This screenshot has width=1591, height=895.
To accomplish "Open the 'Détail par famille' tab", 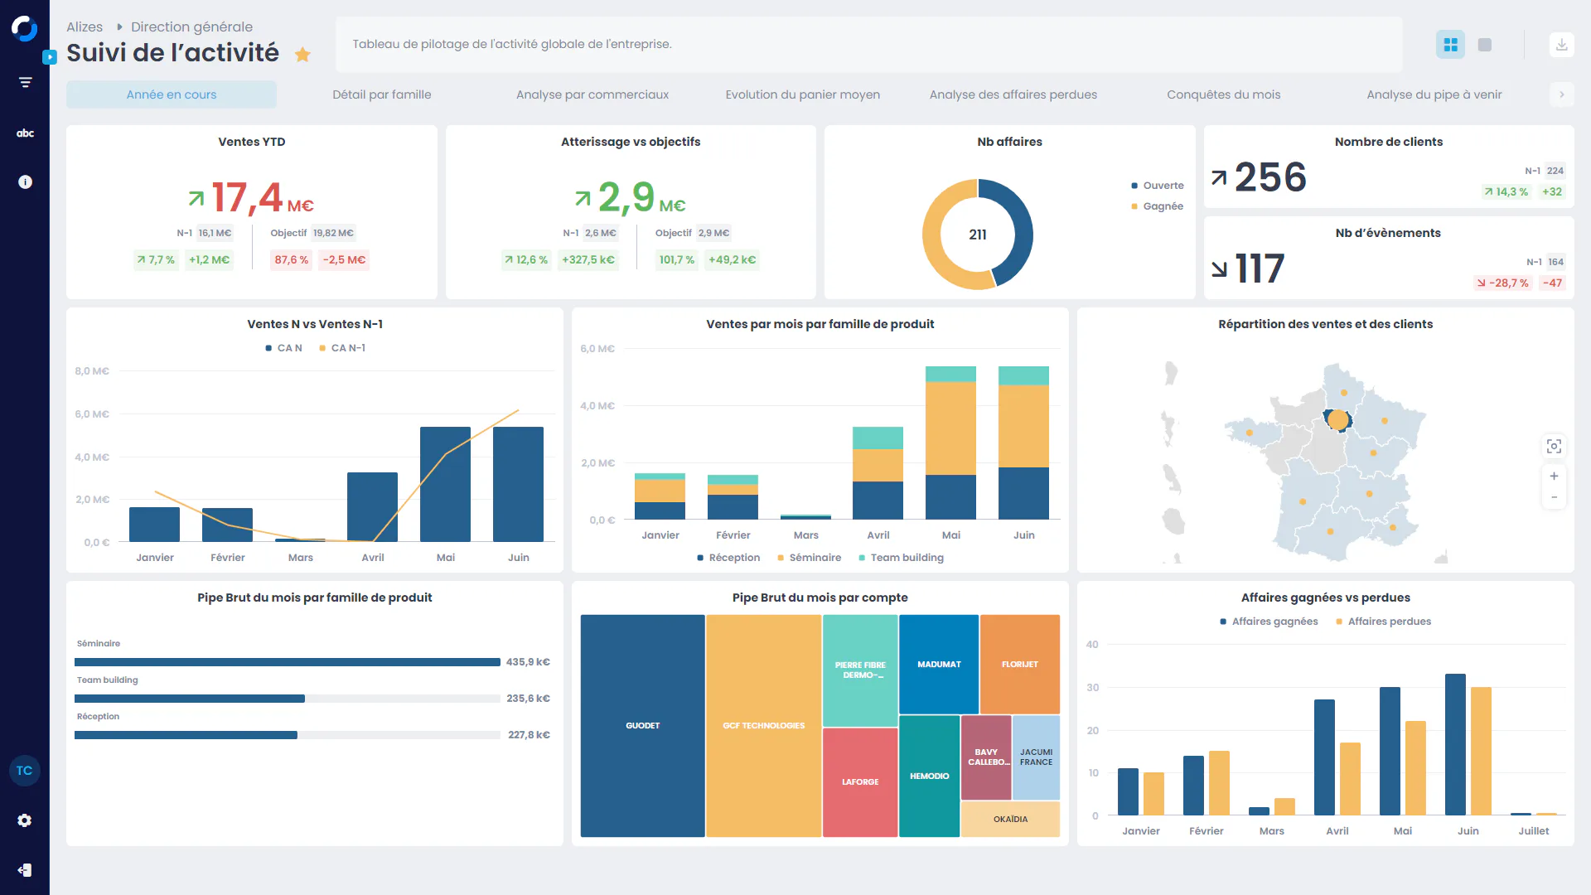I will (x=381, y=94).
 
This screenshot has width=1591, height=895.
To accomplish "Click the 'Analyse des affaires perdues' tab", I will (x=1013, y=94).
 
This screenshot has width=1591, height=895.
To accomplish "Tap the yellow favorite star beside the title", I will (x=302, y=55).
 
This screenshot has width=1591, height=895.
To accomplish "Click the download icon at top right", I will (x=1561, y=45).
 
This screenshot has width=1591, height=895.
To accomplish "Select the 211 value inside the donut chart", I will (x=978, y=235).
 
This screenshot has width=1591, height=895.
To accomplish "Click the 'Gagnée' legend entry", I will (x=1163, y=206).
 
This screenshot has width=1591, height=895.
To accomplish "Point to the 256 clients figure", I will (x=1270, y=177).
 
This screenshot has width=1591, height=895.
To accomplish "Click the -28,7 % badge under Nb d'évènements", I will (x=1502, y=283).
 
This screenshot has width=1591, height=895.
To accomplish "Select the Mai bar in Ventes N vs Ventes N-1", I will (x=445, y=485).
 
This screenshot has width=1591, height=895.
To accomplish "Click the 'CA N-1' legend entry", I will (x=347, y=348).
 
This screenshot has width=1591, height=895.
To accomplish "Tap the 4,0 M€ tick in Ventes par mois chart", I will (x=597, y=406).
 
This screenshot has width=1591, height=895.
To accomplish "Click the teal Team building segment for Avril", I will (x=878, y=438).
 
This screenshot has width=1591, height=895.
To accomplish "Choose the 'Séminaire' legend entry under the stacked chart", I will (x=815, y=558).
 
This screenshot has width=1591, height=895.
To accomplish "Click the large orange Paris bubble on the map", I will (x=1337, y=420).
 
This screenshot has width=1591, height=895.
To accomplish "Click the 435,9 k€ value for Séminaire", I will (x=528, y=662).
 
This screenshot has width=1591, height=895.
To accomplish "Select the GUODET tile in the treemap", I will (x=642, y=726).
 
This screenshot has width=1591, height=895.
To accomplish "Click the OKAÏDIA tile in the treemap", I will (x=1010, y=820).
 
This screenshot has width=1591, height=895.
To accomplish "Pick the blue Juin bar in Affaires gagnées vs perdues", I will (x=1455, y=744).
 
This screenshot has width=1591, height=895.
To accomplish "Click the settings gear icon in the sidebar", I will (x=25, y=820).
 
